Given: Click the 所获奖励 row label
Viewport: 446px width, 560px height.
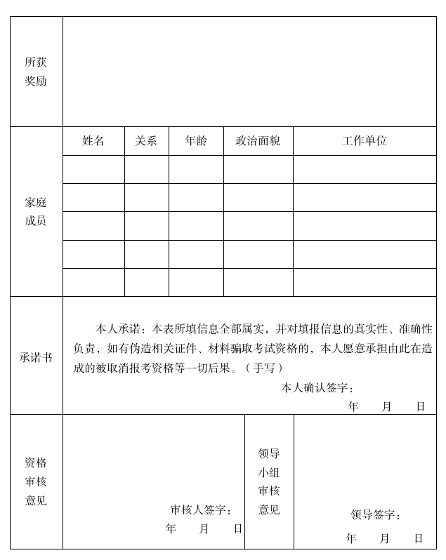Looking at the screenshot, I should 36,72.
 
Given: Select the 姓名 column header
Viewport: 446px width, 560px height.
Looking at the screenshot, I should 93,141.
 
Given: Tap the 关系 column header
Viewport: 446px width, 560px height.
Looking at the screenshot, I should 146,141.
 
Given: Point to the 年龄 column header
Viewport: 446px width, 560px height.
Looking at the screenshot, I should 196,141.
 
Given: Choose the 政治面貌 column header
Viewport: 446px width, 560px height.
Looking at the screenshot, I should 258,141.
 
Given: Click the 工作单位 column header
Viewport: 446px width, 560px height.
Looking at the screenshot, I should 365,141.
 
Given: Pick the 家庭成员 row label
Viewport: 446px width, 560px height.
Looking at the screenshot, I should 36,212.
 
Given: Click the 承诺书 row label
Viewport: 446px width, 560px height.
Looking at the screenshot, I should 36,357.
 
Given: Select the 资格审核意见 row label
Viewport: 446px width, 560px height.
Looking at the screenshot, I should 36,481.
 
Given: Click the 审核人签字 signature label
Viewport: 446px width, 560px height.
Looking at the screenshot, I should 201,510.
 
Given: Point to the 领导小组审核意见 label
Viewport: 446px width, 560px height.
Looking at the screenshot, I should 269,481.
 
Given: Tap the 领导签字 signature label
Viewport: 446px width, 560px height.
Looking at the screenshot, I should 376,515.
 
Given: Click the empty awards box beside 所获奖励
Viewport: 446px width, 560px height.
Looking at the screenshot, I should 249,72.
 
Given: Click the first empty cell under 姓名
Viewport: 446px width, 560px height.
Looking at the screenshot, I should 93,170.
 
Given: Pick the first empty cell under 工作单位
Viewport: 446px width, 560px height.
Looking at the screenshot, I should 365,170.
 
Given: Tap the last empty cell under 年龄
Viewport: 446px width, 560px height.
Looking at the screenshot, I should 196,282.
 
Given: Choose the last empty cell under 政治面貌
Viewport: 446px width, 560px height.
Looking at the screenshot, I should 258,282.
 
